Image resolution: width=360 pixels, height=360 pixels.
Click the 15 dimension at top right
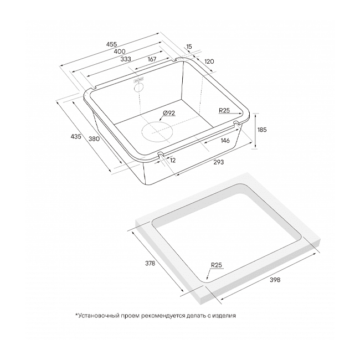(x=189, y=48)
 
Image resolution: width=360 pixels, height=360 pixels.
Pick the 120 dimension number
(x=209, y=61)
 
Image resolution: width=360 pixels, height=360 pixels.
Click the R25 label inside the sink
(x=224, y=111)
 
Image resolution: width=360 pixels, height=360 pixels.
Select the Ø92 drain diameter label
(x=169, y=113)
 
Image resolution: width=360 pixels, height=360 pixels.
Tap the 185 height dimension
(x=263, y=129)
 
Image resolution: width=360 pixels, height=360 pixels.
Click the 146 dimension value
(x=225, y=141)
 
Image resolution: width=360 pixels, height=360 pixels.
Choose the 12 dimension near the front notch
(x=173, y=160)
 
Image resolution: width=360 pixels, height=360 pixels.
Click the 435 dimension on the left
(x=76, y=136)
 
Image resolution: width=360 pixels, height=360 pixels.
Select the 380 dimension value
(x=94, y=138)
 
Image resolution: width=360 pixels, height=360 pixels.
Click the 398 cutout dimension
(x=275, y=280)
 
